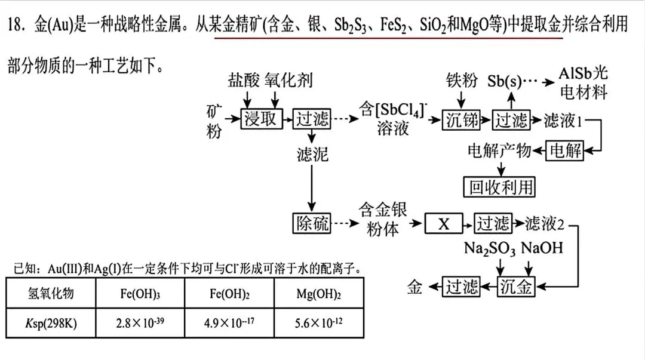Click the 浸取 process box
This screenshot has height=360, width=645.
click(x=262, y=119)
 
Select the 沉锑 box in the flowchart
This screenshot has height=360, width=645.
click(x=461, y=120)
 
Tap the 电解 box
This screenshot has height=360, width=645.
click(x=565, y=150)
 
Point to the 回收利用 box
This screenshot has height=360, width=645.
click(x=499, y=187)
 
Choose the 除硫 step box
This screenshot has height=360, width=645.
click(x=312, y=223)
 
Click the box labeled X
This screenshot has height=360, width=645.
click(x=443, y=224)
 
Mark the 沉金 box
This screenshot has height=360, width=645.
click(x=516, y=287)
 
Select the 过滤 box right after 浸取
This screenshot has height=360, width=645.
click(x=312, y=119)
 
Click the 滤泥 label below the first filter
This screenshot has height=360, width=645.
click(x=312, y=155)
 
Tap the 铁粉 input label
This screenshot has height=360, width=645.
click(x=462, y=80)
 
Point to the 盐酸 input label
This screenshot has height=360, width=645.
click(x=244, y=80)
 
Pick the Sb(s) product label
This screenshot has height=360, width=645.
click(x=504, y=81)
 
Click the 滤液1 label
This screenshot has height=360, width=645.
click(x=563, y=120)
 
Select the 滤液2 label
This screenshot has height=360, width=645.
click(x=545, y=224)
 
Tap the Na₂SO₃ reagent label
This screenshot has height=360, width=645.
click(x=490, y=248)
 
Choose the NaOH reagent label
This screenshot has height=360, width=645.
click(x=542, y=248)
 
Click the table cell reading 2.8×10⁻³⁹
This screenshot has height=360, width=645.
click(x=140, y=323)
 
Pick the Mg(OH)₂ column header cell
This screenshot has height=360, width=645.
click(x=319, y=293)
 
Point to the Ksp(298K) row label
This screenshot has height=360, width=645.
click(x=51, y=323)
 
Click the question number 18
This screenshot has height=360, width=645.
click(x=17, y=24)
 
